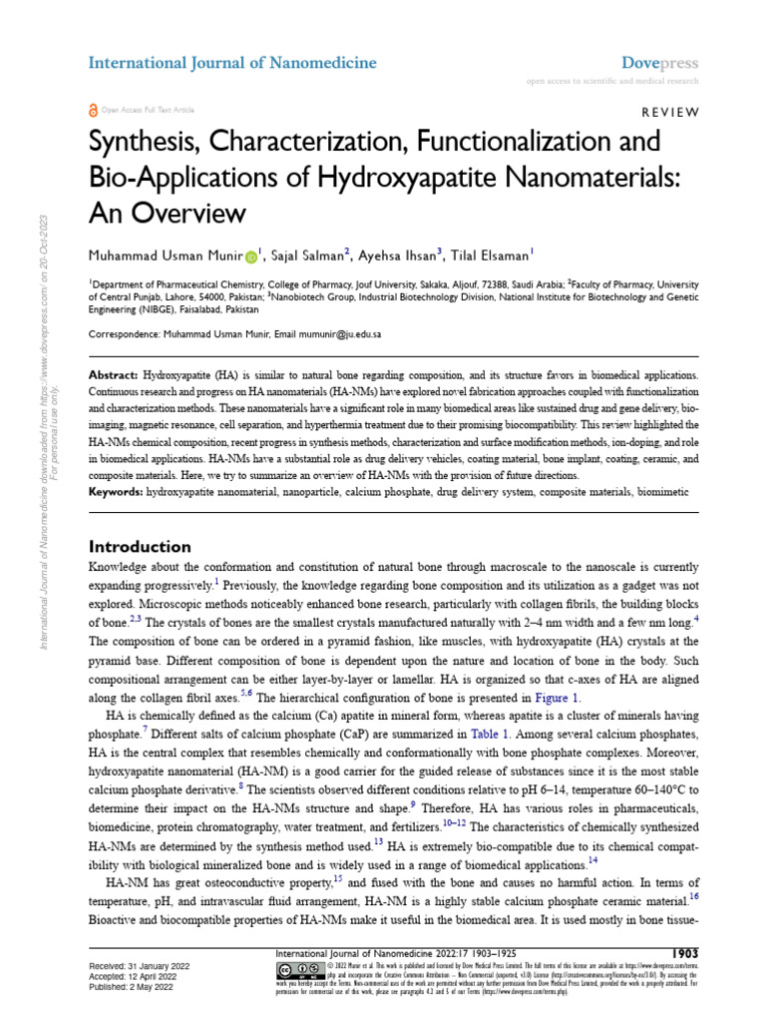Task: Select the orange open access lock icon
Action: pyautogui.click(x=94, y=110)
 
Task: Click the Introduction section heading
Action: pyautogui.click(x=140, y=546)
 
